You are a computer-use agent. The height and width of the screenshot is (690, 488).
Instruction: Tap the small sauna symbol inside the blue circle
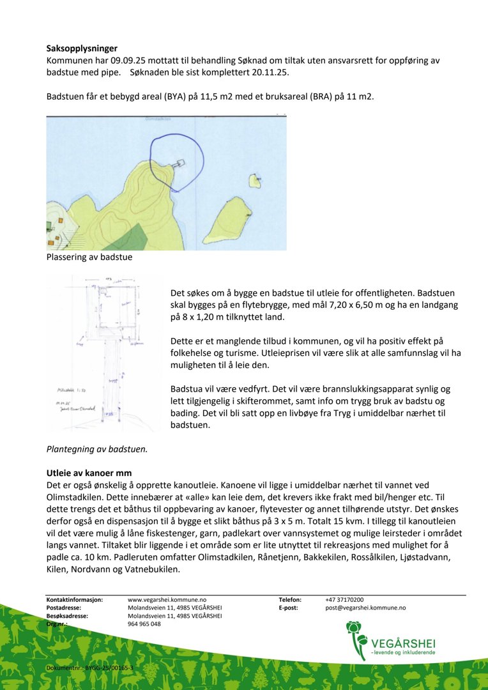pos(180,163)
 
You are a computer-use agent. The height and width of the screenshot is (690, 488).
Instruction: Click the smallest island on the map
pos(255,181)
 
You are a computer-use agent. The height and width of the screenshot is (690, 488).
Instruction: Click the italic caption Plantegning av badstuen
pos(97,448)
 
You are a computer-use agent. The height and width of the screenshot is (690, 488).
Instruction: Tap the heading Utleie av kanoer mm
pos(89,473)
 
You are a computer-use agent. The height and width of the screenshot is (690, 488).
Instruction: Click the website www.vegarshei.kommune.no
pos(167,600)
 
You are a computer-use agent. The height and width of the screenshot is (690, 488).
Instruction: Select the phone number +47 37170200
pos(344,600)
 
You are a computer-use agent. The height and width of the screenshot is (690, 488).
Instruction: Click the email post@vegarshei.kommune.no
pos(365,608)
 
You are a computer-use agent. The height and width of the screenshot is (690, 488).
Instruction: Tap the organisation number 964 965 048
pos(144,624)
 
